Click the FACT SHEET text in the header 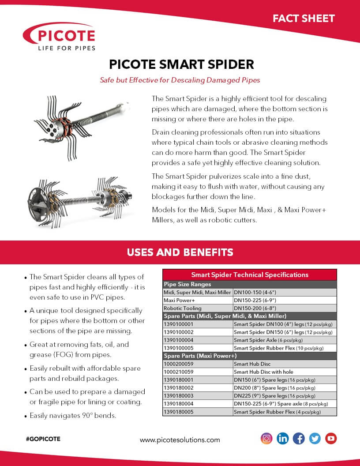pyautogui.click(x=304, y=19)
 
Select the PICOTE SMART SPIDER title pyautogui.click(x=181, y=64)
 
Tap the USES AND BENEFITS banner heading pyautogui.click(x=180, y=252)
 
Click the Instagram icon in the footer pyautogui.click(x=266, y=438)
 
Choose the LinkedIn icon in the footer pyautogui.click(x=283, y=438)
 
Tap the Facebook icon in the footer pyautogui.click(x=299, y=438)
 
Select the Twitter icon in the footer pyautogui.click(x=315, y=438)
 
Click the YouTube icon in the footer pyautogui.click(x=331, y=438)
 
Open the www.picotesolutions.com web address pyautogui.click(x=180, y=440)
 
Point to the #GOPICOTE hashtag pyautogui.click(x=43, y=439)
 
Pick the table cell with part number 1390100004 pyautogui.click(x=181, y=340)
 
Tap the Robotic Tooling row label pyautogui.click(x=182, y=308)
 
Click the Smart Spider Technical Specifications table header pyautogui.click(x=250, y=274)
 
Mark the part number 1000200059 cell pyautogui.click(x=181, y=364)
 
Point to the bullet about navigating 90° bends pyautogui.click(x=73, y=416)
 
